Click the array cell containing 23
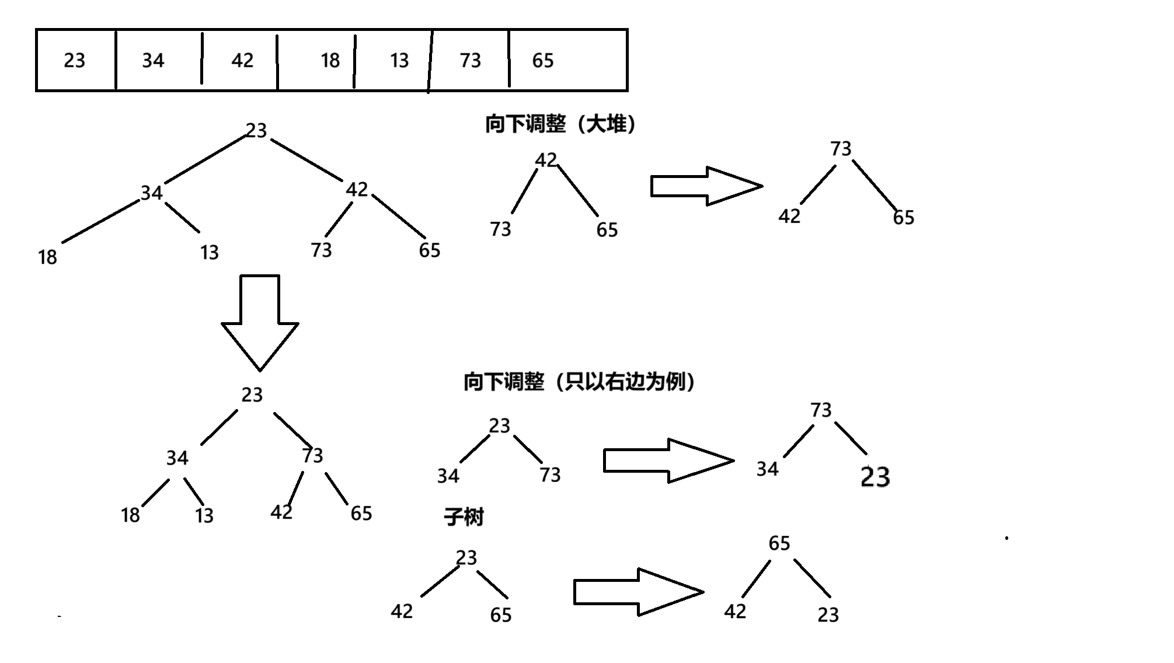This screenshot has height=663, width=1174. click(75, 60)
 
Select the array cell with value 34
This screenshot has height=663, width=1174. click(154, 60)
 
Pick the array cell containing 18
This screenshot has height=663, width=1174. click(330, 60)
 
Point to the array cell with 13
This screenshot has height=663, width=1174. click(399, 60)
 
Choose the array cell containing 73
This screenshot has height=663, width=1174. click(470, 60)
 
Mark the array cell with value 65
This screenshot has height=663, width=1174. click(543, 60)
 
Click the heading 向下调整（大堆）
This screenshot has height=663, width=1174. click(560, 124)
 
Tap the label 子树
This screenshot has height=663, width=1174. click(464, 517)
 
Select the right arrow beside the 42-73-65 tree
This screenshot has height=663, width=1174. click(706, 186)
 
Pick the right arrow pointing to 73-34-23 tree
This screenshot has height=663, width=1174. click(668, 460)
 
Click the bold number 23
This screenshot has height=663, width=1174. click(875, 477)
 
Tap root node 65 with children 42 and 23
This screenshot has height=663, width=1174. click(779, 543)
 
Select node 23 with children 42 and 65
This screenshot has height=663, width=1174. click(466, 557)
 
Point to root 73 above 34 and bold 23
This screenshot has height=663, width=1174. click(820, 410)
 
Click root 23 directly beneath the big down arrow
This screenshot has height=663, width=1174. click(252, 395)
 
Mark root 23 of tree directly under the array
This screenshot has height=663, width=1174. click(256, 130)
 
